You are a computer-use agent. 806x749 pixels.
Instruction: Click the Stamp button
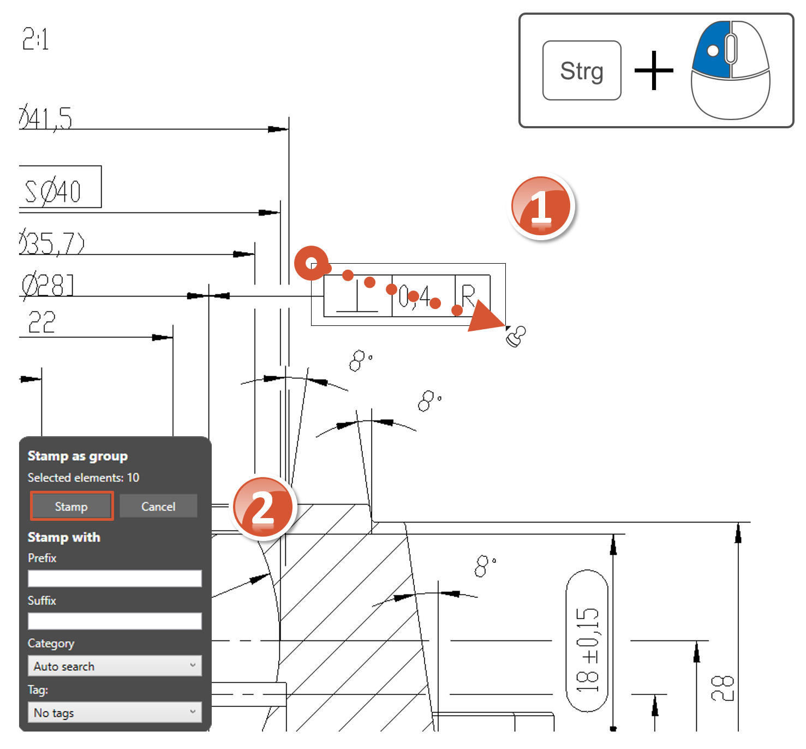point(71,506)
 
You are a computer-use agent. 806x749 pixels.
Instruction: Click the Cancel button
point(158,506)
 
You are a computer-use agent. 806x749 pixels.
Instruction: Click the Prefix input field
point(115,578)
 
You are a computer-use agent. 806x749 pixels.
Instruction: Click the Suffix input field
point(115,621)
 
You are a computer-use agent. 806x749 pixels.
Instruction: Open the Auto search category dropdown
point(115,666)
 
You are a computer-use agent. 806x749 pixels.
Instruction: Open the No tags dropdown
point(115,712)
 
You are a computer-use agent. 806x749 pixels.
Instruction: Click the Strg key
point(582,70)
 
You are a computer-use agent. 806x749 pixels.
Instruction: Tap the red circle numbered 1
point(541,207)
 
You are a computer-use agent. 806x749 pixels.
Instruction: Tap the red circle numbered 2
point(263,508)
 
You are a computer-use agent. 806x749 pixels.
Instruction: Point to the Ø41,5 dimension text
point(46,118)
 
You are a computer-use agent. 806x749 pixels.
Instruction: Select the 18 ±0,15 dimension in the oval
point(587,641)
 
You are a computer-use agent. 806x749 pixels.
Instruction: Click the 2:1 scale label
point(35,39)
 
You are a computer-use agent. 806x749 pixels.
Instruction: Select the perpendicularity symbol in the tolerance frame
point(357,296)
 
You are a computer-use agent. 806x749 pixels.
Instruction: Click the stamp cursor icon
point(516,336)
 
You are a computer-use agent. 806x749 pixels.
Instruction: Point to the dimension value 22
point(41,322)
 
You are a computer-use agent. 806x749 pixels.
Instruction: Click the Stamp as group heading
point(77,456)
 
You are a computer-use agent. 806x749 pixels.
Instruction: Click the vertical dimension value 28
point(723,688)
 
